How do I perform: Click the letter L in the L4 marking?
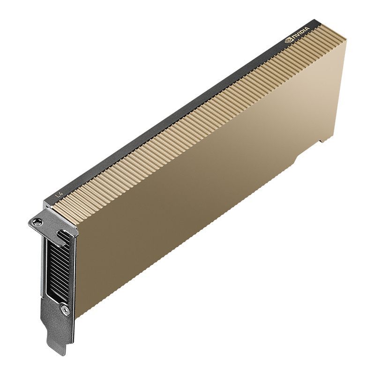57,194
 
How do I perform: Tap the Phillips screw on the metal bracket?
65,310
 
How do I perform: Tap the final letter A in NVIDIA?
308,30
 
